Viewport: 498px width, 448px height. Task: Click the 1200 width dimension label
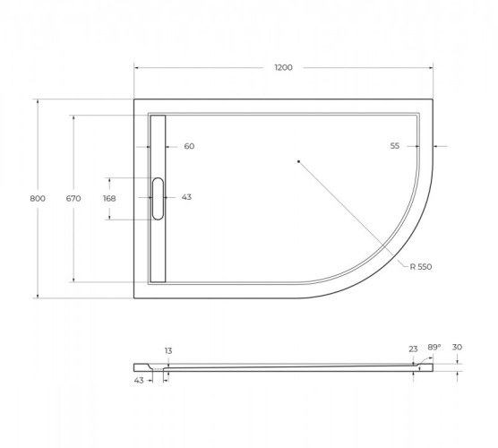[284, 68]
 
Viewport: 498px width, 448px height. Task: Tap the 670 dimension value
[73, 199]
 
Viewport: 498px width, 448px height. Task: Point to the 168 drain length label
[109, 198]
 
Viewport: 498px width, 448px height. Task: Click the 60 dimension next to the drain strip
[189, 147]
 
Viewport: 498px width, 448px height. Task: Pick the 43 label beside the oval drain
[186, 197]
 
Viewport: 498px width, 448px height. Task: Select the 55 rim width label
[394, 146]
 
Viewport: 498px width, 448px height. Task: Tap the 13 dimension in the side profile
[167, 350]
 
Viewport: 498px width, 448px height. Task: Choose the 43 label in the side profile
[139, 380]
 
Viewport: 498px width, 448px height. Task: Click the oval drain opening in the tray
[159, 198]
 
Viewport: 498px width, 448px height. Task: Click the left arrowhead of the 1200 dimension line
[136, 68]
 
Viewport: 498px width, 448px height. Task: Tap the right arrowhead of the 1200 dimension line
[433, 68]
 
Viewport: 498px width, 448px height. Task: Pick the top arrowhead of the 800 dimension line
[37, 100]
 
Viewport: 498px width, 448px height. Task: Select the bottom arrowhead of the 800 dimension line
[37, 297]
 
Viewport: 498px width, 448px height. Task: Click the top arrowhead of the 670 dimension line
[73, 116]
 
